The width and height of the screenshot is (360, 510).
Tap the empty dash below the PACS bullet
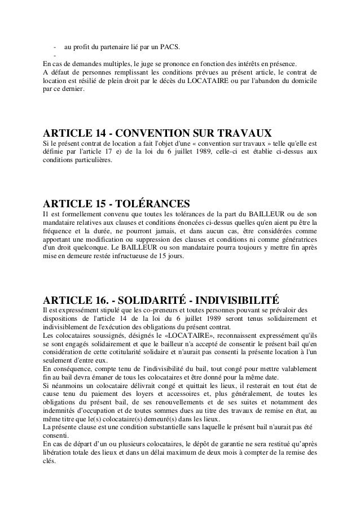coord(55,55)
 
